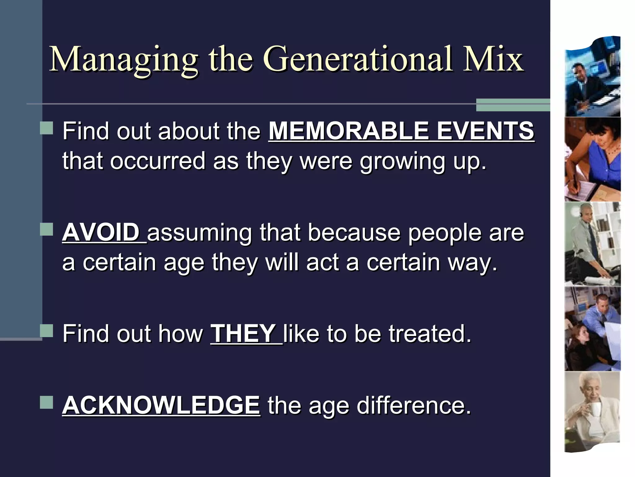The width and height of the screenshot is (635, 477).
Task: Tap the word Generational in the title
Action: [358, 59]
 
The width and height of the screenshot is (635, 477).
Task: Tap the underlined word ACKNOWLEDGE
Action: [161, 405]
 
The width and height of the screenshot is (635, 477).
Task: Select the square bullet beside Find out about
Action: [47, 128]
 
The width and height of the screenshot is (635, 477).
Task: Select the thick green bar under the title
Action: [513, 105]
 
